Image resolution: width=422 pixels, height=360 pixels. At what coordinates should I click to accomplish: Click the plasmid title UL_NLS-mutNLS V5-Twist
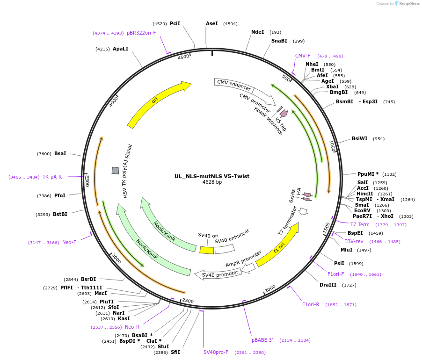pyautogui.click(x=212, y=176)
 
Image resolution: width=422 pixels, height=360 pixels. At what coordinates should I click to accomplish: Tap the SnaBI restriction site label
pyautogui.click(x=279, y=41)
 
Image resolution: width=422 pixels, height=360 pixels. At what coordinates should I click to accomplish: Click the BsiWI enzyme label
pyautogui.click(x=360, y=138)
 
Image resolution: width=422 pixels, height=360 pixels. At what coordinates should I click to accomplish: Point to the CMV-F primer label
pyautogui.click(x=303, y=56)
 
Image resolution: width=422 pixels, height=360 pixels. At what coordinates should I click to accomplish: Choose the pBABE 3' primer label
pyautogui.click(x=262, y=340)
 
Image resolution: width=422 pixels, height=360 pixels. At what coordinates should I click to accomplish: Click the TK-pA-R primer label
pyautogui.click(x=52, y=177)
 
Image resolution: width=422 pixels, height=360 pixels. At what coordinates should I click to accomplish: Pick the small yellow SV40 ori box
pyautogui.click(x=206, y=250)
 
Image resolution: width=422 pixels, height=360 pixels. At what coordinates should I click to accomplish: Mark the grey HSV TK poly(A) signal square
pyautogui.click(x=115, y=171)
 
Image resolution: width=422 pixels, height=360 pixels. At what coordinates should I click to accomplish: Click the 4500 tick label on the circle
pyautogui.click(x=183, y=57)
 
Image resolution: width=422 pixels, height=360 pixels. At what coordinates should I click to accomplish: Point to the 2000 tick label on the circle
pyautogui.click(x=270, y=290)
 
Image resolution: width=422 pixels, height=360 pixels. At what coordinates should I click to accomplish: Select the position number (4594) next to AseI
pyautogui.click(x=230, y=23)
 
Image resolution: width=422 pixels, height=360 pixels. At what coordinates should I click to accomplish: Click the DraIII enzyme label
pyautogui.click(x=327, y=285)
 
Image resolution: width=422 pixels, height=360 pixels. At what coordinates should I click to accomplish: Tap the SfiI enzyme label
pyautogui.click(x=175, y=352)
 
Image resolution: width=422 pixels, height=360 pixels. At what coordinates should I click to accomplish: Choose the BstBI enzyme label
pyautogui.click(x=60, y=214)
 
